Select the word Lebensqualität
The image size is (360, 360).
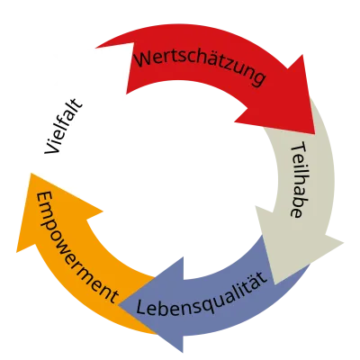[x=204, y=295]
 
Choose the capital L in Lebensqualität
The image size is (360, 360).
[x=144, y=308]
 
